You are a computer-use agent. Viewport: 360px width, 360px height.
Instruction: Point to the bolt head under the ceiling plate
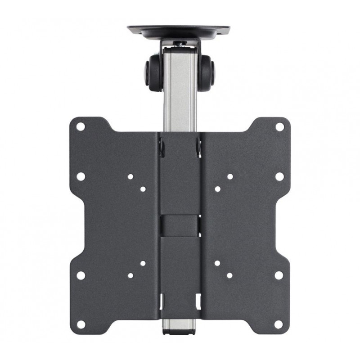pyautogui.click(x=180, y=43)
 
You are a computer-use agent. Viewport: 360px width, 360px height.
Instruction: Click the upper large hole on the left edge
pyautogui.click(x=81, y=176)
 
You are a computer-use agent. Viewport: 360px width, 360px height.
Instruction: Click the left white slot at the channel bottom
pyautogui.click(x=163, y=299)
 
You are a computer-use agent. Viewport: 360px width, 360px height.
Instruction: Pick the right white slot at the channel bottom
pyautogui.click(x=197, y=299)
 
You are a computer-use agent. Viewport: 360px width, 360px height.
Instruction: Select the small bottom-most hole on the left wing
pyautogui.click(x=130, y=274)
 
